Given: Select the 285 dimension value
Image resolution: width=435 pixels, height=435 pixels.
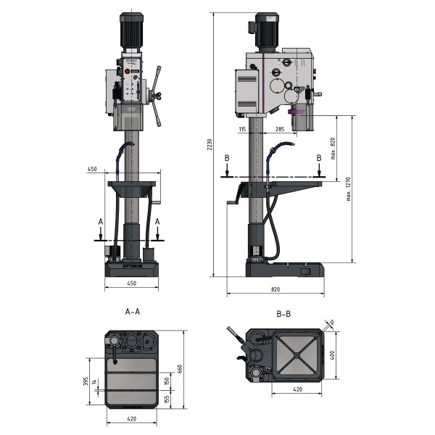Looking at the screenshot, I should (279, 128).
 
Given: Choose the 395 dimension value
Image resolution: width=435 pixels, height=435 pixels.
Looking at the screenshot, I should (86, 381).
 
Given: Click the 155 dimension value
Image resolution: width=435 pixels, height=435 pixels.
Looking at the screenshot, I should (166, 399).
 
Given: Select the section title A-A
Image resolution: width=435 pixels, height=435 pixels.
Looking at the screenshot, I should (133, 312).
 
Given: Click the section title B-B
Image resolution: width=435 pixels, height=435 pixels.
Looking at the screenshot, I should (284, 313).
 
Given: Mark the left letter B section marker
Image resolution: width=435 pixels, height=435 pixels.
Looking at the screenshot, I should (228, 158).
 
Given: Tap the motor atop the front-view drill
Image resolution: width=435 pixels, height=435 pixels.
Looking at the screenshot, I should (132, 31).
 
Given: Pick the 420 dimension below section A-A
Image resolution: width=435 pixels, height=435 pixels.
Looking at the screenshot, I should (131, 418).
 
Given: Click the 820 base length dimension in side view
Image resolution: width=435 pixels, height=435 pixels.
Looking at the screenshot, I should (275, 289).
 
